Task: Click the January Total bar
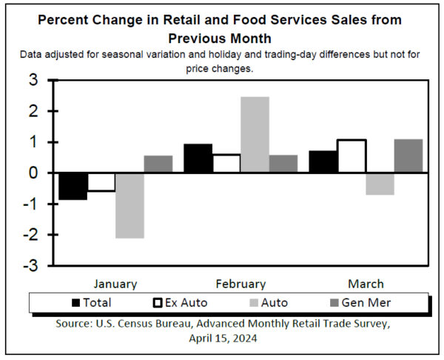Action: [73, 186]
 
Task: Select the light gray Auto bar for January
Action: [129, 205]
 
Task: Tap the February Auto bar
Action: [255, 134]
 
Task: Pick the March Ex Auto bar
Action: [351, 156]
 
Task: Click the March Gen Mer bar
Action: [408, 156]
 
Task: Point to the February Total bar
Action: [198, 158]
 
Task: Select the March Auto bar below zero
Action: [380, 184]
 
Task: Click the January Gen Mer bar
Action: [158, 164]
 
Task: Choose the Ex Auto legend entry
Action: [179, 302]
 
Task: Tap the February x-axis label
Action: [240, 284]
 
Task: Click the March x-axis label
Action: [366, 284]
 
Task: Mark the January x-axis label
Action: [115, 284]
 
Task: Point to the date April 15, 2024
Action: [223, 339]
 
